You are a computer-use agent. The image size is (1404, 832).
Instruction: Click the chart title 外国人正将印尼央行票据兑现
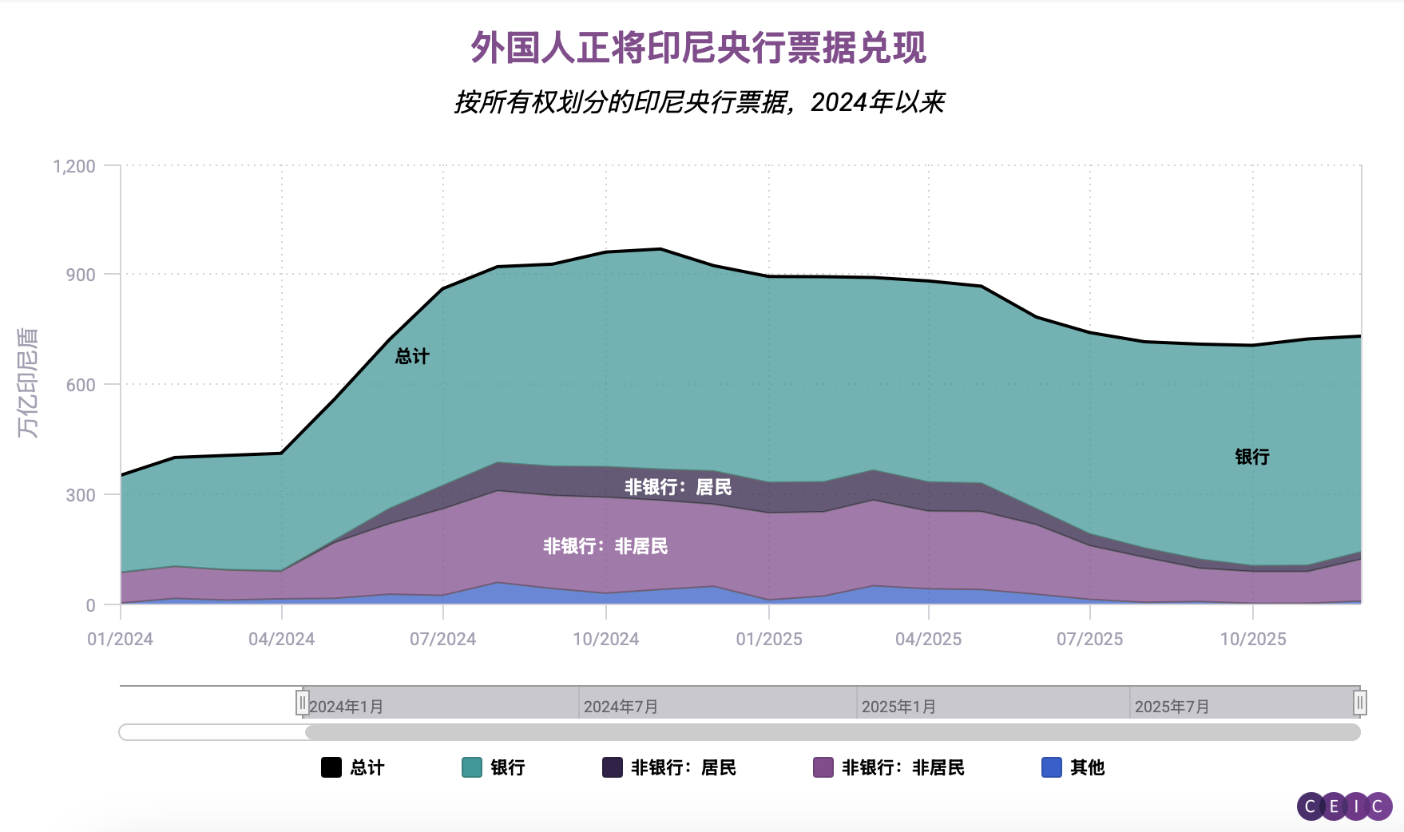pos(698,48)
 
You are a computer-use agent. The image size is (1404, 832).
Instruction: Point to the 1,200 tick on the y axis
pos(74,166)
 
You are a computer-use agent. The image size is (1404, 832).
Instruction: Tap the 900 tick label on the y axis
pos(81,275)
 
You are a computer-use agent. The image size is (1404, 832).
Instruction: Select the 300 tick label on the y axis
pos(81,495)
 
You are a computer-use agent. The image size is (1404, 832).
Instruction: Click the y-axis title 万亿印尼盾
pos(28,382)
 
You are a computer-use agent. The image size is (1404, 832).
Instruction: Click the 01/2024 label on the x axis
pos(120,639)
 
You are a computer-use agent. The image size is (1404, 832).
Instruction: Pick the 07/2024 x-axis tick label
pos(442,639)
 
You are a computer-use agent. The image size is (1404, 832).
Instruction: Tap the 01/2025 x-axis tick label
pos(769,639)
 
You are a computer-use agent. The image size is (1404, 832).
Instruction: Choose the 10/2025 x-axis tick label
pos(1253,639)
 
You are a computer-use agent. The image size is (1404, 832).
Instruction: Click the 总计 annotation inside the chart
pos(412,356)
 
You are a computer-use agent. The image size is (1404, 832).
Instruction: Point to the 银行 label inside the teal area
pos(1252,457)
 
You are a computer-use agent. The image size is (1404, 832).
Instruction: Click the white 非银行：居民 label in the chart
pos(678,487)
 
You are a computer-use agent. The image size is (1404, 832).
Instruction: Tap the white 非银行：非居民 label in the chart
pos(605,546)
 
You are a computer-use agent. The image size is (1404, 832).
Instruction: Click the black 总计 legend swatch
pos(331,767)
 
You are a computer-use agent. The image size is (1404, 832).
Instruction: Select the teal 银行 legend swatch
pos(472,767)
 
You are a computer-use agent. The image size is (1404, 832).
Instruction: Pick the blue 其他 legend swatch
pos(1052,767)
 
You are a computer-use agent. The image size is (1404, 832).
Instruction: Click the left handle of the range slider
pos(302,703)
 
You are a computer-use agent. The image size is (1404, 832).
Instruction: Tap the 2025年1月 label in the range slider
pos(898,707)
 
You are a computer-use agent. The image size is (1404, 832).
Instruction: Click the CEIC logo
pos(1344,806)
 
